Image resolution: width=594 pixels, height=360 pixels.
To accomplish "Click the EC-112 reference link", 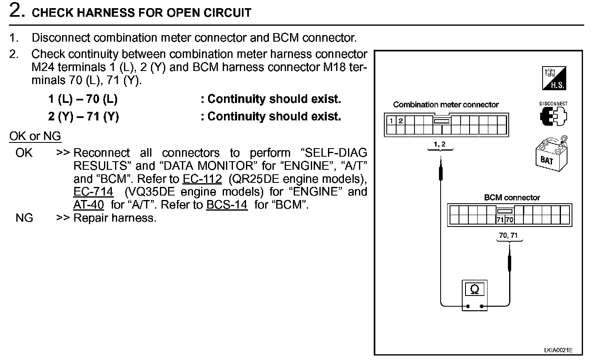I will pos(202,179).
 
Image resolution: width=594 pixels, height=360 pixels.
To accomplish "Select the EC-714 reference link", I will pos(93,192).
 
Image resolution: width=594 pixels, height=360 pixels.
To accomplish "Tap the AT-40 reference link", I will pos(89,205).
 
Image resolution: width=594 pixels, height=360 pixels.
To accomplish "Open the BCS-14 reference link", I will pos(227,205).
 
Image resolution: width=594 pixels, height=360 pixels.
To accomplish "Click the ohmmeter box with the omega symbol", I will pos(474,294).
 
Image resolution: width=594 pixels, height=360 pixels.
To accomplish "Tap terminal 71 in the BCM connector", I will pos(500,220).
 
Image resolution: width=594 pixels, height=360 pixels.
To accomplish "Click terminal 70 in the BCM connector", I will pos(509,220).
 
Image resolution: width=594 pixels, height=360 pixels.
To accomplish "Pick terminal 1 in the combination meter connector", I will pos(391,121).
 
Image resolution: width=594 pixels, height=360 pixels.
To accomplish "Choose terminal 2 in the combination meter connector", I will pos(401,121).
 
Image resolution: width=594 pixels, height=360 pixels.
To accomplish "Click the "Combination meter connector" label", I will pos(445,105).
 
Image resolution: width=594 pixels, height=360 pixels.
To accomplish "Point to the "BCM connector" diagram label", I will pos(512,198).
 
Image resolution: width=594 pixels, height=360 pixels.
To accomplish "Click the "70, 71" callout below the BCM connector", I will pos(508,236).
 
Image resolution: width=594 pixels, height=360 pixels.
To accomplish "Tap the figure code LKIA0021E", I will pos(558,350).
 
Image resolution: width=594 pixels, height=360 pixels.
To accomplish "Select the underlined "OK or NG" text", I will pos(35,136).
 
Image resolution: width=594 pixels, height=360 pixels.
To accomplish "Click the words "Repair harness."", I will pos(115,218).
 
